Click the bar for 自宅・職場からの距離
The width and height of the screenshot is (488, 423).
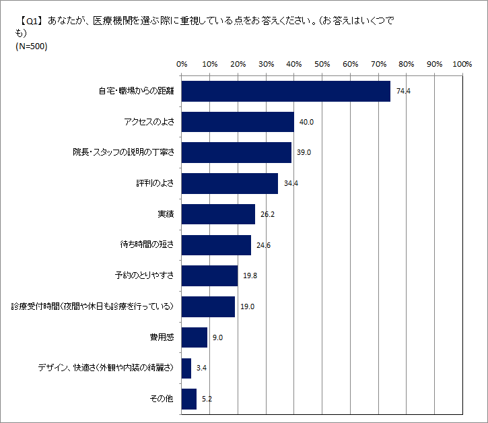tap(285, 91)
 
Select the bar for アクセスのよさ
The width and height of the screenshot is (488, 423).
tap(238, 122)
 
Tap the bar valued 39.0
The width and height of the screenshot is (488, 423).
tap(236, 152)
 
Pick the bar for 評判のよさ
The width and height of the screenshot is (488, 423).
tap(230, 183)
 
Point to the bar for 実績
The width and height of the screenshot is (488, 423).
tap(218, 214)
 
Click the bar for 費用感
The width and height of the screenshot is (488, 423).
tap(194, 337)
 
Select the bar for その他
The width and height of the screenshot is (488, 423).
tap(188, 399)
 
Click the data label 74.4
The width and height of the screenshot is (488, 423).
tap(403, 91)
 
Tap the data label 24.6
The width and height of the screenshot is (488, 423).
tap(263, 245)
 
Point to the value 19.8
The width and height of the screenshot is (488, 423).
tap(249, 275)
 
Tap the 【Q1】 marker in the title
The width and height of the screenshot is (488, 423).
tap(28, 21)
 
